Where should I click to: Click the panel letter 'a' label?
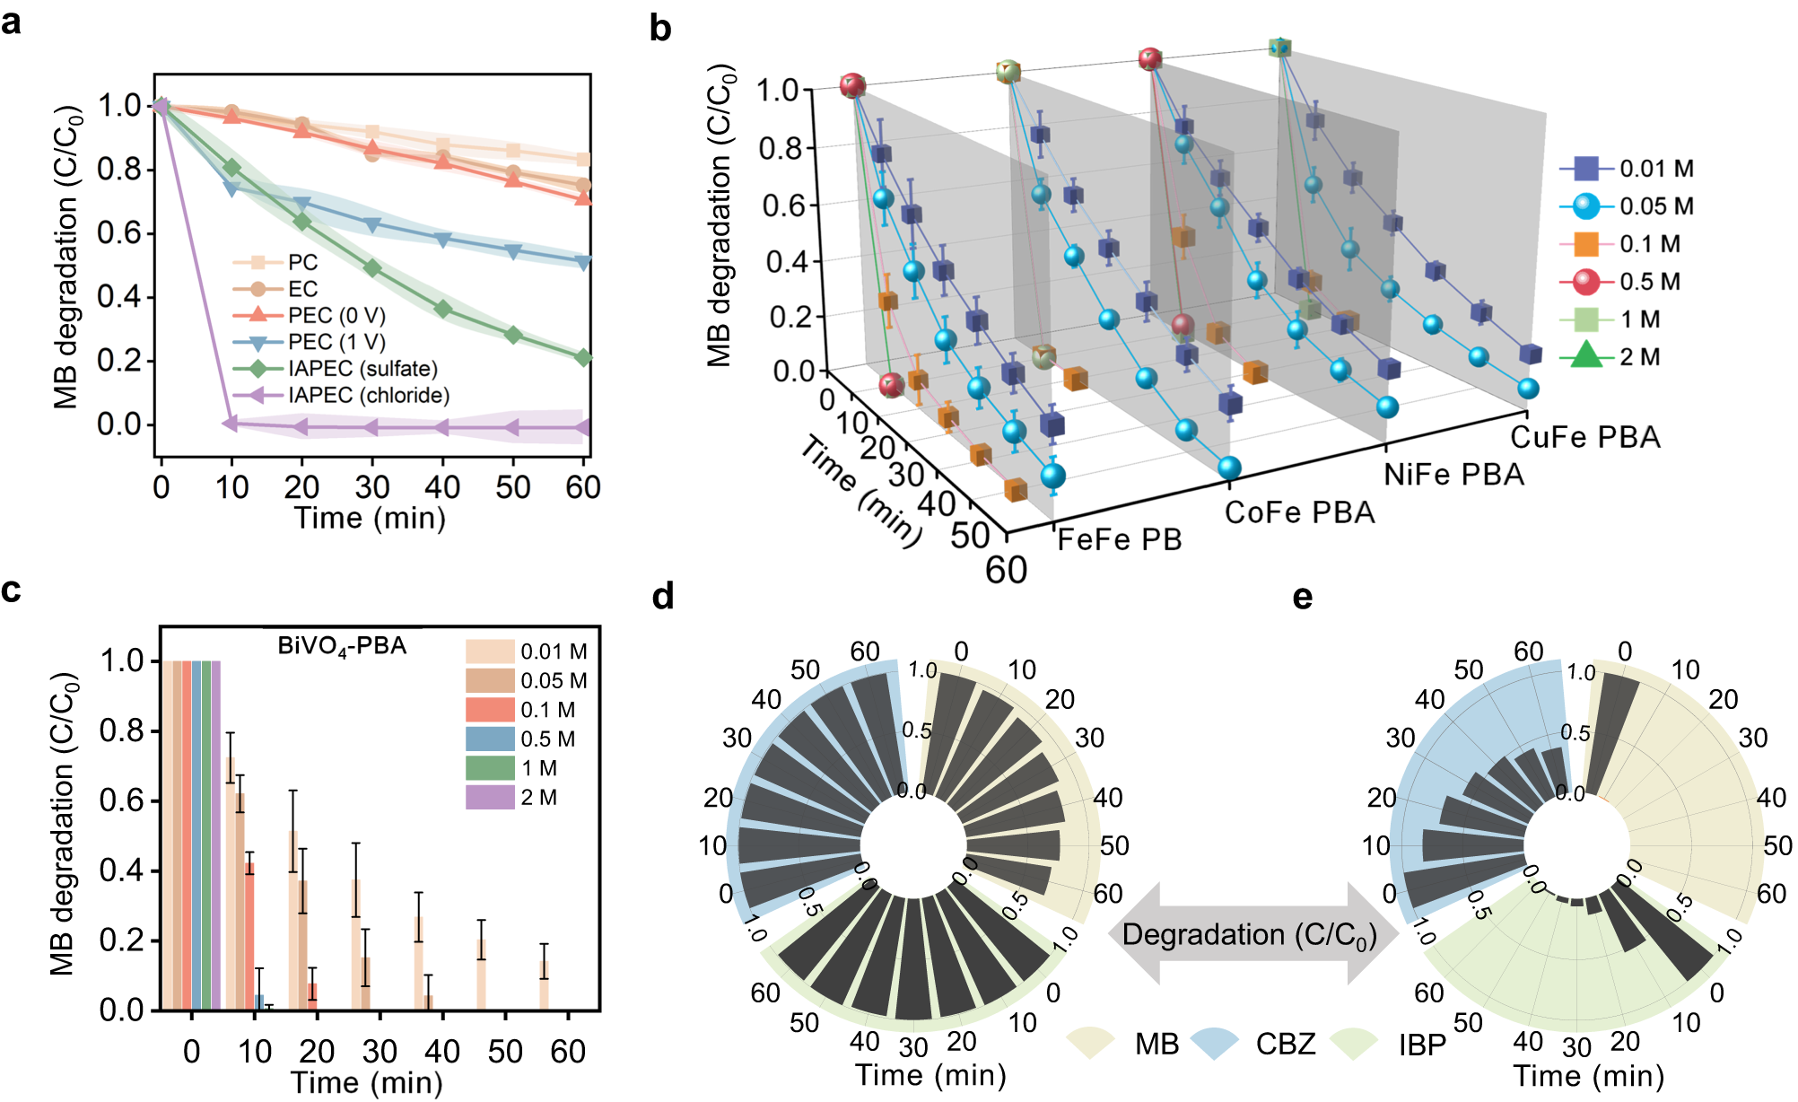pos(13,22)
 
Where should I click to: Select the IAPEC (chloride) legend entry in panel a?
pos(368,396)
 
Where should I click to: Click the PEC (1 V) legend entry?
pos(336,342)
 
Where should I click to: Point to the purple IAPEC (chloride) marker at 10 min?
pos(231,423)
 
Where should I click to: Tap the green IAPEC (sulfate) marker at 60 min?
pos(583,357)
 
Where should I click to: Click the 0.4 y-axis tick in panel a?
pos(118,297)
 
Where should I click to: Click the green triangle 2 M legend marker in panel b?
pos(1586,356)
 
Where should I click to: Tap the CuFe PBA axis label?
pos(1584,438)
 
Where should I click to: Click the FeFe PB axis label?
pos(1119,540)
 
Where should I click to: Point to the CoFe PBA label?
pos(1299,513)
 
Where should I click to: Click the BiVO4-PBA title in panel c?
pos(342,646)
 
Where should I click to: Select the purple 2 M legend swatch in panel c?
pos(489,797)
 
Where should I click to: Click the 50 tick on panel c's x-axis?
pos(505,1051)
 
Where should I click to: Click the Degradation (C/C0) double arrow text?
pos(1249,935)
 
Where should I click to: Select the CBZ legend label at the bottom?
pos(1285,1045)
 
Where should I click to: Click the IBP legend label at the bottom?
pos(1421,1045)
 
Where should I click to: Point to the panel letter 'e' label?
pos(1303,597)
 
